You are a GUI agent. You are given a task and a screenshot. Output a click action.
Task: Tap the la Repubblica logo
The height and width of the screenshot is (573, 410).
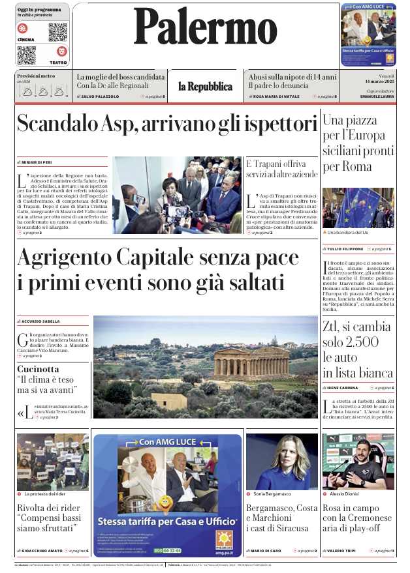click(x=205, y=87)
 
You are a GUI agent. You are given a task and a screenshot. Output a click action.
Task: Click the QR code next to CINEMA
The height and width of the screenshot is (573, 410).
click(x=57, y=32)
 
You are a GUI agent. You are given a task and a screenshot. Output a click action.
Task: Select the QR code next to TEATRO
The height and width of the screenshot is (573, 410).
click(x=27, y=55)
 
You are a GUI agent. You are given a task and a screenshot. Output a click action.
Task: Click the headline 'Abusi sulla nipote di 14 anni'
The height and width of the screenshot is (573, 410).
click(x=292, y=76)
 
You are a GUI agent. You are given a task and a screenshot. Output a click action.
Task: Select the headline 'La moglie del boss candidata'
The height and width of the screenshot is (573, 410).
click(x=120, y=76)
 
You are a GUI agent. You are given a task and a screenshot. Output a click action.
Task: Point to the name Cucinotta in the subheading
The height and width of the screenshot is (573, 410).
click(x=38, y=368)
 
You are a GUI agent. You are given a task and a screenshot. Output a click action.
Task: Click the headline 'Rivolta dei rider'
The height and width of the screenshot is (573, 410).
click(x=50, y=508)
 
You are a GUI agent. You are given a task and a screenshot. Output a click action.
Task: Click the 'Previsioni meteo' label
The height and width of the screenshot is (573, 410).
click(x=35, y=76)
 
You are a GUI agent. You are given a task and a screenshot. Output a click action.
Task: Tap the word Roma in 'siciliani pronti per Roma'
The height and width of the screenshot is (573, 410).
click(x=358, y=166)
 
